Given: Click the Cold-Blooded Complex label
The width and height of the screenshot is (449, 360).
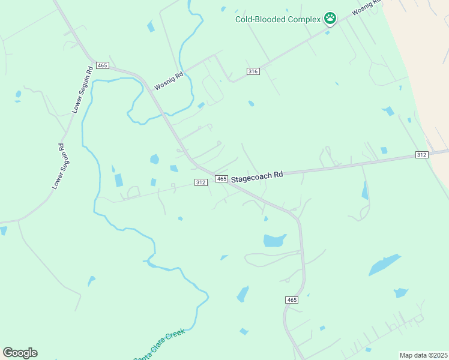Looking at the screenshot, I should [278, 19].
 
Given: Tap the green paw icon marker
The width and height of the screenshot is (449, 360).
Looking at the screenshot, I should [330, 19].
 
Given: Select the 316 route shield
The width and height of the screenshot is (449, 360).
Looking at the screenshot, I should [253, 71].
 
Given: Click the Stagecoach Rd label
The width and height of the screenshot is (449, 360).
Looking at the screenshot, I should [257, 176].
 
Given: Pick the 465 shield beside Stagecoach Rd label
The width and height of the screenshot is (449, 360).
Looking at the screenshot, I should [221, 179].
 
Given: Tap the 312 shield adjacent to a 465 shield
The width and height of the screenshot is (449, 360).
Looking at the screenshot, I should [201, 182].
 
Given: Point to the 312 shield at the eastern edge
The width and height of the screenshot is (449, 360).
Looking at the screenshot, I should [421, 155].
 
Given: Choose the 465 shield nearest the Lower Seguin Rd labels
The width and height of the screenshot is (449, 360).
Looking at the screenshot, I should [102, 65].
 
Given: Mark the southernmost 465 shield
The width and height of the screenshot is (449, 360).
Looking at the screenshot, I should [291, 299].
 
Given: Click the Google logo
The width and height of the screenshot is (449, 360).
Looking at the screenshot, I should [20, 353].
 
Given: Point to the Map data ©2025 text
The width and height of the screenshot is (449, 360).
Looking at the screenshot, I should [423, 355].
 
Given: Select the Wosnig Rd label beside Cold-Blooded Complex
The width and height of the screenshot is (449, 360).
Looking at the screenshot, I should [366, 8].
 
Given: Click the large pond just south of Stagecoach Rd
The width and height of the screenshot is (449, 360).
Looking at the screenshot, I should [274, 241].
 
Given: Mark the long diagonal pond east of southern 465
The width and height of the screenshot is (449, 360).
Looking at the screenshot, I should [384, 264].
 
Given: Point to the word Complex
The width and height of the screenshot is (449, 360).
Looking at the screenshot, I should [304, 19].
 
